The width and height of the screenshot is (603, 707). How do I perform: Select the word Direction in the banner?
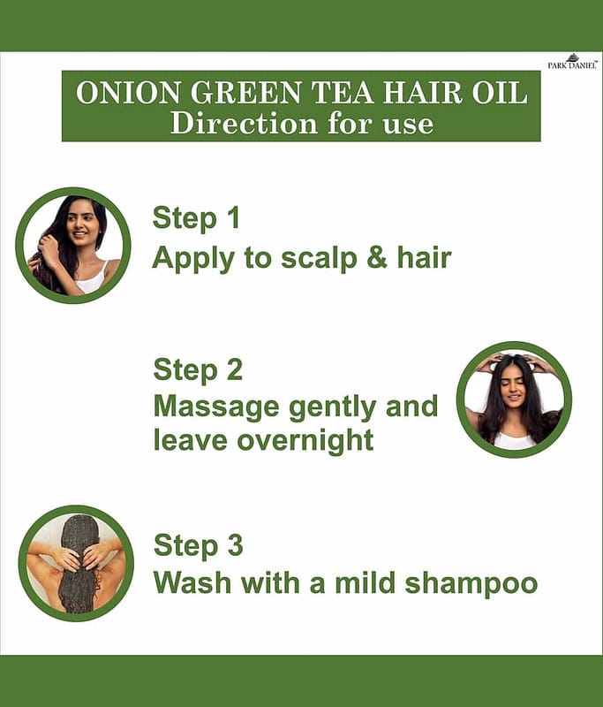coord(244,123)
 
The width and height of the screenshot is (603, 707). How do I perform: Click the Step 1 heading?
coord(196,219)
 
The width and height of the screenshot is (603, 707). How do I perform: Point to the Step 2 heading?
coord(198,370)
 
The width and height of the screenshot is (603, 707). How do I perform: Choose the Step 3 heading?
coord(198,545)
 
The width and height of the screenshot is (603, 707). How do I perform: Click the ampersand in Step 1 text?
coord(377,257)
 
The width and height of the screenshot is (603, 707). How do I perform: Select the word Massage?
coord(216,407)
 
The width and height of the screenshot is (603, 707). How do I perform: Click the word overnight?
coord(305,440)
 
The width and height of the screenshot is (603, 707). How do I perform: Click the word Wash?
coord(192,582)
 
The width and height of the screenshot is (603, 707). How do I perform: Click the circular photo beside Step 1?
coord(73,246)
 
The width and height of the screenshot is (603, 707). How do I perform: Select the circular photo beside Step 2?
coord(514,399)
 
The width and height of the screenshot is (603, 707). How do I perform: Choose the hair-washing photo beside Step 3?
coord(76,563)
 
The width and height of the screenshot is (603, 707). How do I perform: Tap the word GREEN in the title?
coord(245,93)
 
